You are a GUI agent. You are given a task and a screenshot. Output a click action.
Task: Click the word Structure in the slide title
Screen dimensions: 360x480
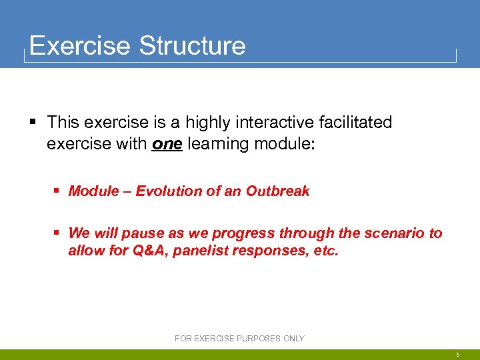point(192,46)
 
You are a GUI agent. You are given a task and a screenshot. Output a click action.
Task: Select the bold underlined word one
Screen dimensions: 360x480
point(167,143)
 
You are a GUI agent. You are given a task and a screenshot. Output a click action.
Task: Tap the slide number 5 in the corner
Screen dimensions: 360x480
point(457,355)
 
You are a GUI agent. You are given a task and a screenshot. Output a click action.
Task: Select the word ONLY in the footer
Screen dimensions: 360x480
point(293,339)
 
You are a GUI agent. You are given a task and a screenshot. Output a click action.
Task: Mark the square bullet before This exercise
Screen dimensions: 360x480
point(33,122)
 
